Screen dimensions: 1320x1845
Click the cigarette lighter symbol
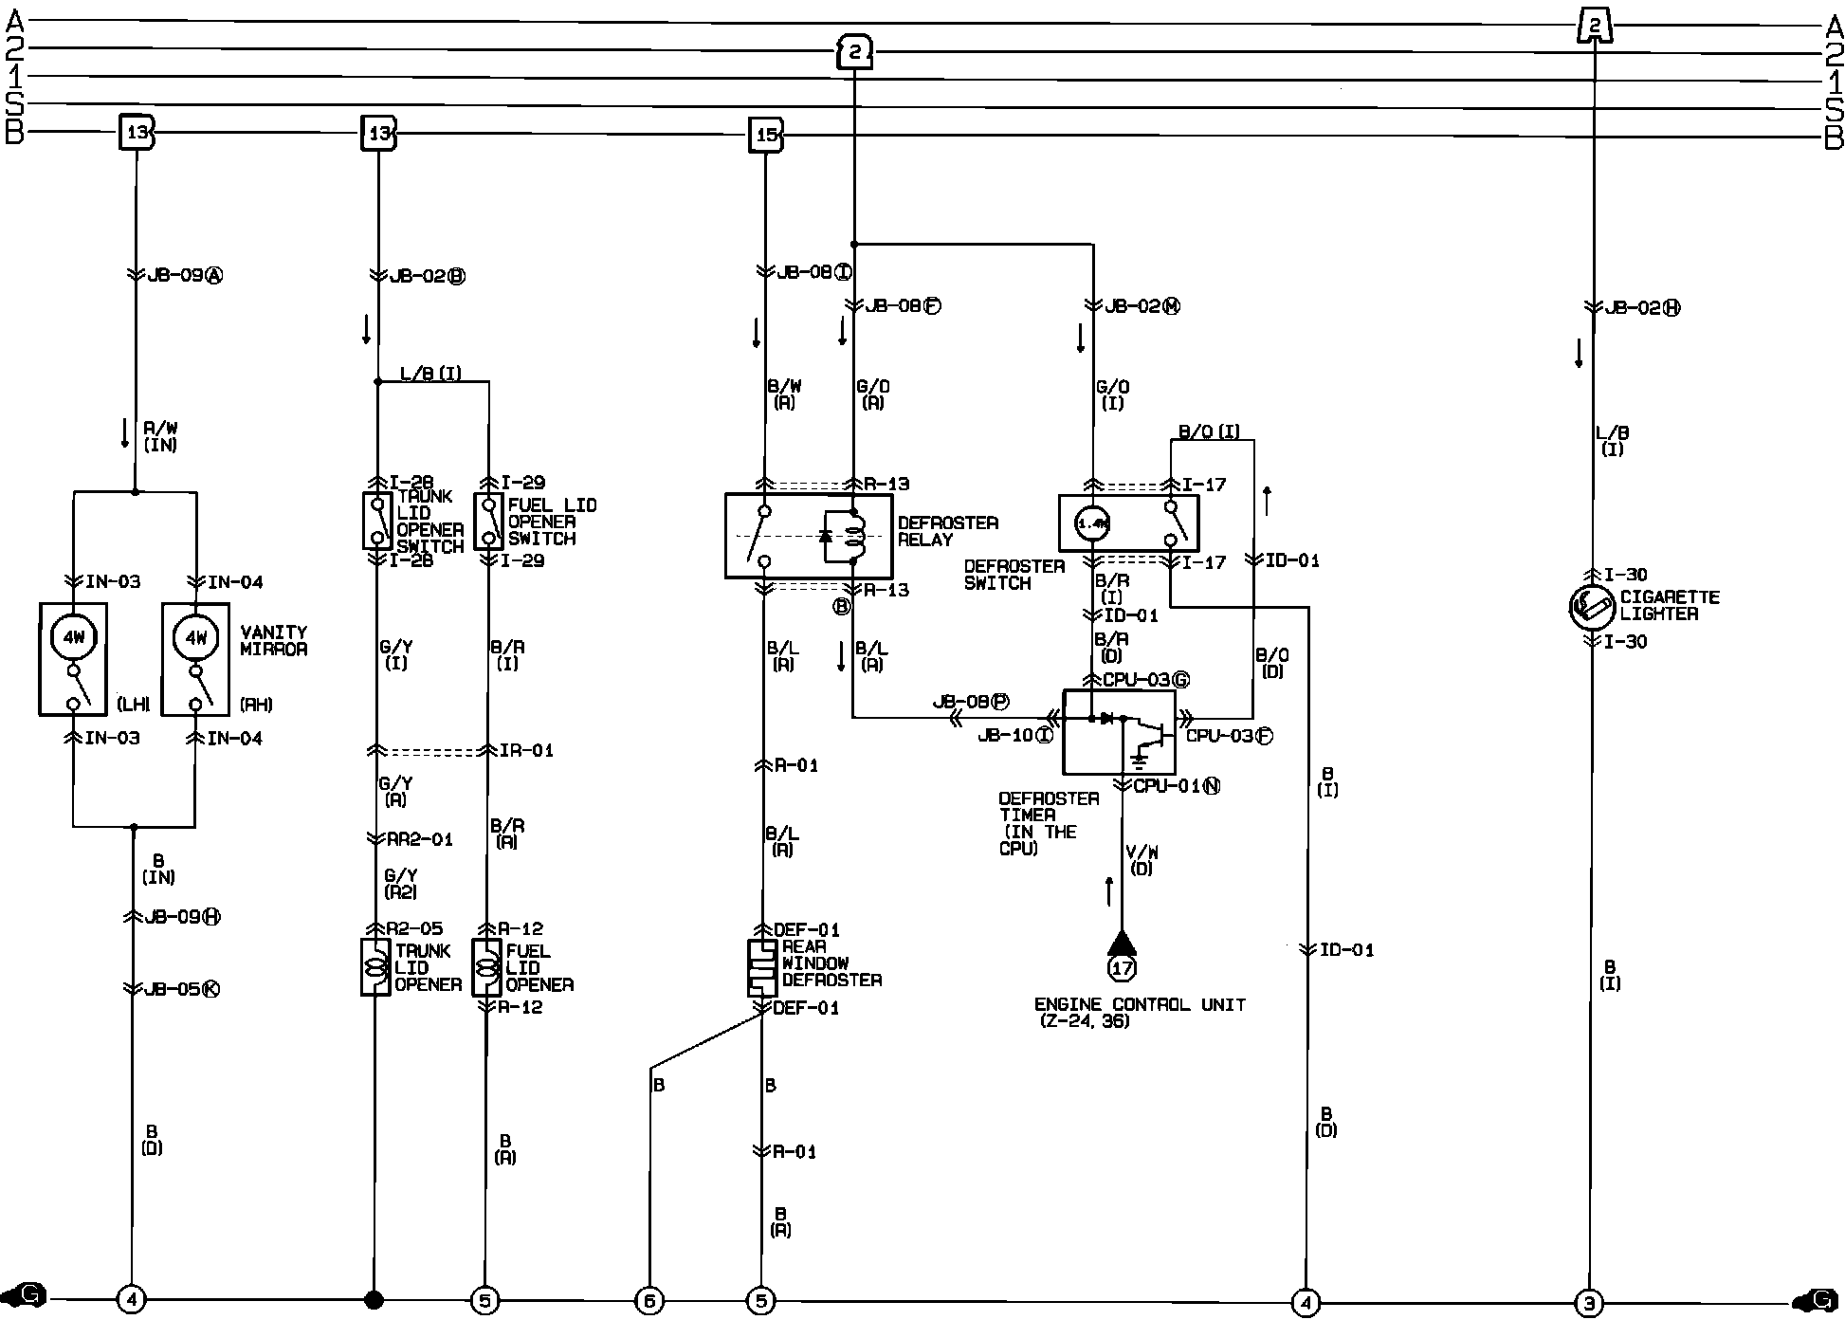(1591, 608)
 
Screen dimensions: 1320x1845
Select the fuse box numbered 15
(765, 135)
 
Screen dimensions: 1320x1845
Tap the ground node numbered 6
(649, 1301)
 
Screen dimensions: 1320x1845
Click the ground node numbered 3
(1589, 1303)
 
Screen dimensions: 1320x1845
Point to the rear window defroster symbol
(761, 967)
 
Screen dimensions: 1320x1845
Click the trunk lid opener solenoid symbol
(375, 967)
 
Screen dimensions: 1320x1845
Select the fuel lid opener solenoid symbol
(486, 967)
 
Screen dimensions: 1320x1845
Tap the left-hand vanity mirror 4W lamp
(74, 637)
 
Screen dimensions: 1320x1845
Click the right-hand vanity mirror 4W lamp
(195, 637)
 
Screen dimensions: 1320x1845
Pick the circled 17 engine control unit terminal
(1122, 968)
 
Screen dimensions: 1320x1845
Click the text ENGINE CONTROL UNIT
(1140, 1004)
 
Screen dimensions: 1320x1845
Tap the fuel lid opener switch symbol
(488, 521)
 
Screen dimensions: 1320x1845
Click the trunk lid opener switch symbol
(377, 521)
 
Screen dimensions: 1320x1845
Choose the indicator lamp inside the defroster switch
(1092, 522)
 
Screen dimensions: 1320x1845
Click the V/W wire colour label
(1142, 860)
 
